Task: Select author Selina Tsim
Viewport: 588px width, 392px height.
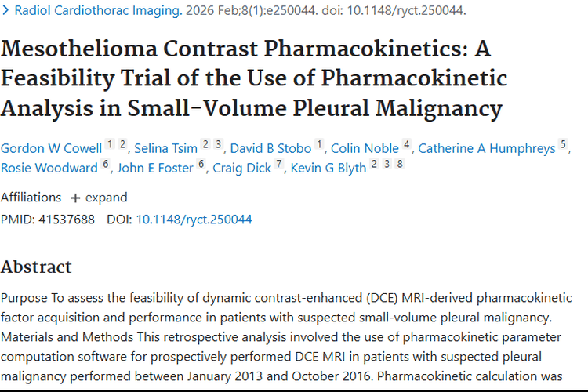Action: [x=165, y=148]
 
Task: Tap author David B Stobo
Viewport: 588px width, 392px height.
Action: [x=271, y=148]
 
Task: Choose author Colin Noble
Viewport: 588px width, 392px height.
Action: [x=365, y=148]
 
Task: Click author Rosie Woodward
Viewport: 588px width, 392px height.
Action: [x=49, y=168]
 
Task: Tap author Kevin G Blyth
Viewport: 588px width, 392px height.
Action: [x=328, y=168]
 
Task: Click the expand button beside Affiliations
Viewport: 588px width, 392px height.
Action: [x=99, y=198]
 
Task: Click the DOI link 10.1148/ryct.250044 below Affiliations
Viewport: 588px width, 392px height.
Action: [x=194, y=220]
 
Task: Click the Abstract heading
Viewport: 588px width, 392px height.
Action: [x=36, y=267]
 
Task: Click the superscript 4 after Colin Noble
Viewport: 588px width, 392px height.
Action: [x=407, y=144]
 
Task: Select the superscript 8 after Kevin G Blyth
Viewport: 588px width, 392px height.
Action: [x=400, y=164]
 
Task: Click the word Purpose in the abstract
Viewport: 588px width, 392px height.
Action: [x=25, y=298]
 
